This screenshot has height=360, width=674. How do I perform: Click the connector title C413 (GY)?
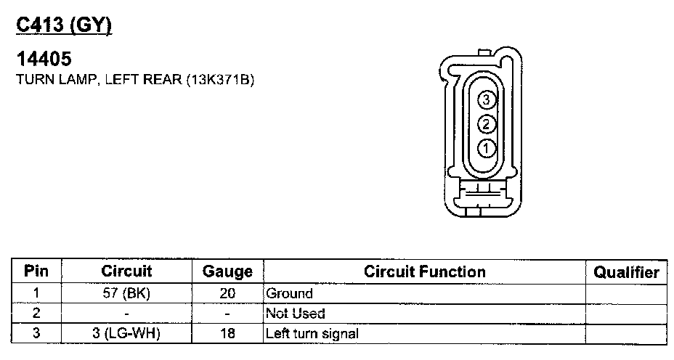(x=64, y=26)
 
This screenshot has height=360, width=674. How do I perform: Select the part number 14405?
(x=44, y=59)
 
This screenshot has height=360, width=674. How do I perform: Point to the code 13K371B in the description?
(x=220, y=80)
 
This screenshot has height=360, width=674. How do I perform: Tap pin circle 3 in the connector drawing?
(x=486, y=99)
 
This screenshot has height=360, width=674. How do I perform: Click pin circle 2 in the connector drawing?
(x=486, y=124)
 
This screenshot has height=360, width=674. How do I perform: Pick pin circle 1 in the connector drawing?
(x=486, y=149)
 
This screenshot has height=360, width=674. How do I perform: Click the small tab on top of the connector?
(x=484, y=52)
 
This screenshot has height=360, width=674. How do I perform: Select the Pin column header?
(x=36, y=271)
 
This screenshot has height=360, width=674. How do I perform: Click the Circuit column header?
(x=126, y=271)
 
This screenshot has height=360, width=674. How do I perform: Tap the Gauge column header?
(x=227, y=272)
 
